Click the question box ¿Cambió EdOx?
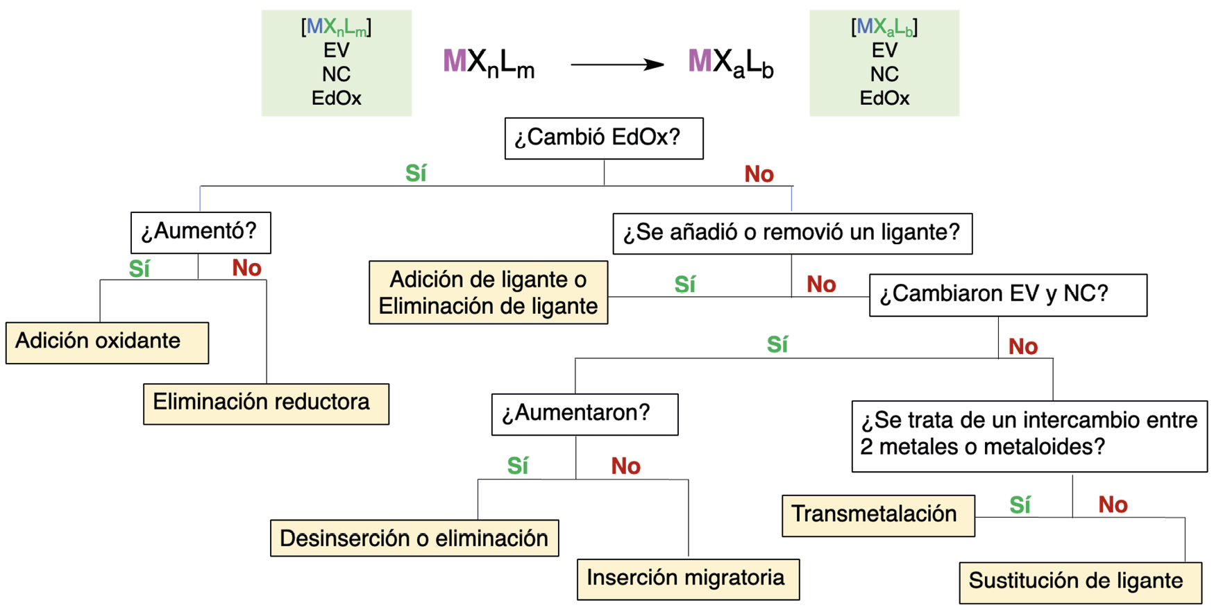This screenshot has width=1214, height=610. [x=603, y=138]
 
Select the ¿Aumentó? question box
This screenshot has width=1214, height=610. [x=200, y=232]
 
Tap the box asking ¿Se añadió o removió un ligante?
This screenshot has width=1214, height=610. [x=792, y=233]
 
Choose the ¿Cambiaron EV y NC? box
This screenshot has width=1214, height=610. [x=1007, y=295]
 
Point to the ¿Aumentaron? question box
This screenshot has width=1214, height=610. [x=584, y=414]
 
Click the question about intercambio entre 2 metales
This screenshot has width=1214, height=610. [x=1029, y=435]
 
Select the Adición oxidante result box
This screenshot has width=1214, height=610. [x=107, y=342]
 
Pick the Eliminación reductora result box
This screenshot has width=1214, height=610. [x=266, y=403]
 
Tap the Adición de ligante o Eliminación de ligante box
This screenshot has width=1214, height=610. [x=488, y=292]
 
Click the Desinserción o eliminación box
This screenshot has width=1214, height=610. [x=414, y=538]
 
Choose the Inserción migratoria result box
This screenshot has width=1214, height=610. [x=688, y=579]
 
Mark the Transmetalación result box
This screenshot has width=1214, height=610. [x=877, y=515]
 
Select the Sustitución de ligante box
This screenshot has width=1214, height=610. [x=1079, y=582]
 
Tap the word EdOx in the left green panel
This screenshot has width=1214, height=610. [x=336, y=98]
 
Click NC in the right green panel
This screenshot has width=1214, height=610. [x=884, y=74]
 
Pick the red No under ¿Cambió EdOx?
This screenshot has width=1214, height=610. [x=759, y=174]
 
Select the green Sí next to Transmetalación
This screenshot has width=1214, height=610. [x=1020, y=505]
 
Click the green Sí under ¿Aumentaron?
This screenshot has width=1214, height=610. [x=517, y=466]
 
